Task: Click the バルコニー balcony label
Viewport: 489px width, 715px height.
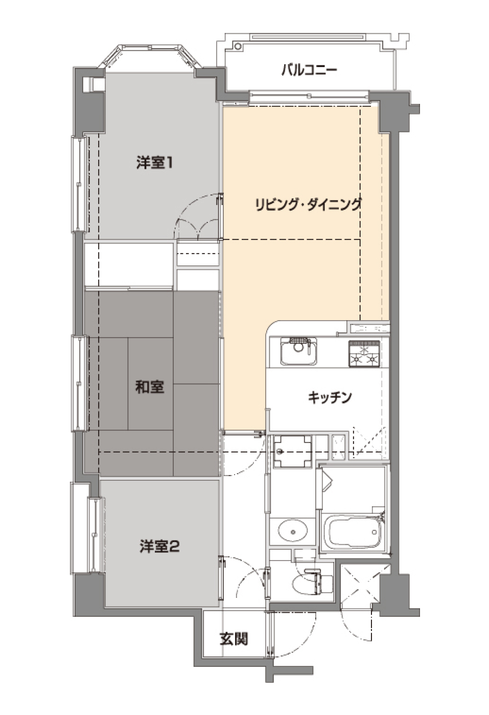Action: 309,70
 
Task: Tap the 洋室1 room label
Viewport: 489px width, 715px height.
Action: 154,163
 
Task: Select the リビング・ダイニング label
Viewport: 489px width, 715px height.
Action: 308,205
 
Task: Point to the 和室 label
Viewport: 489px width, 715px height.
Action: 149,387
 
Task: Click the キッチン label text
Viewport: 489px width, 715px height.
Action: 330,397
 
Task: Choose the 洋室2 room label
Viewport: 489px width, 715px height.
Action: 159,546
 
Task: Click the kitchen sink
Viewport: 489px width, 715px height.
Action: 298,351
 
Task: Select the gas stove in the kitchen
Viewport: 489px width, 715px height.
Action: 364,353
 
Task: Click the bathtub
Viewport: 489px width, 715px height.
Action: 354,531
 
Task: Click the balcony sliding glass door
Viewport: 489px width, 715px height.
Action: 309,96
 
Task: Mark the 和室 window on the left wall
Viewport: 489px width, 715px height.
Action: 79,383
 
